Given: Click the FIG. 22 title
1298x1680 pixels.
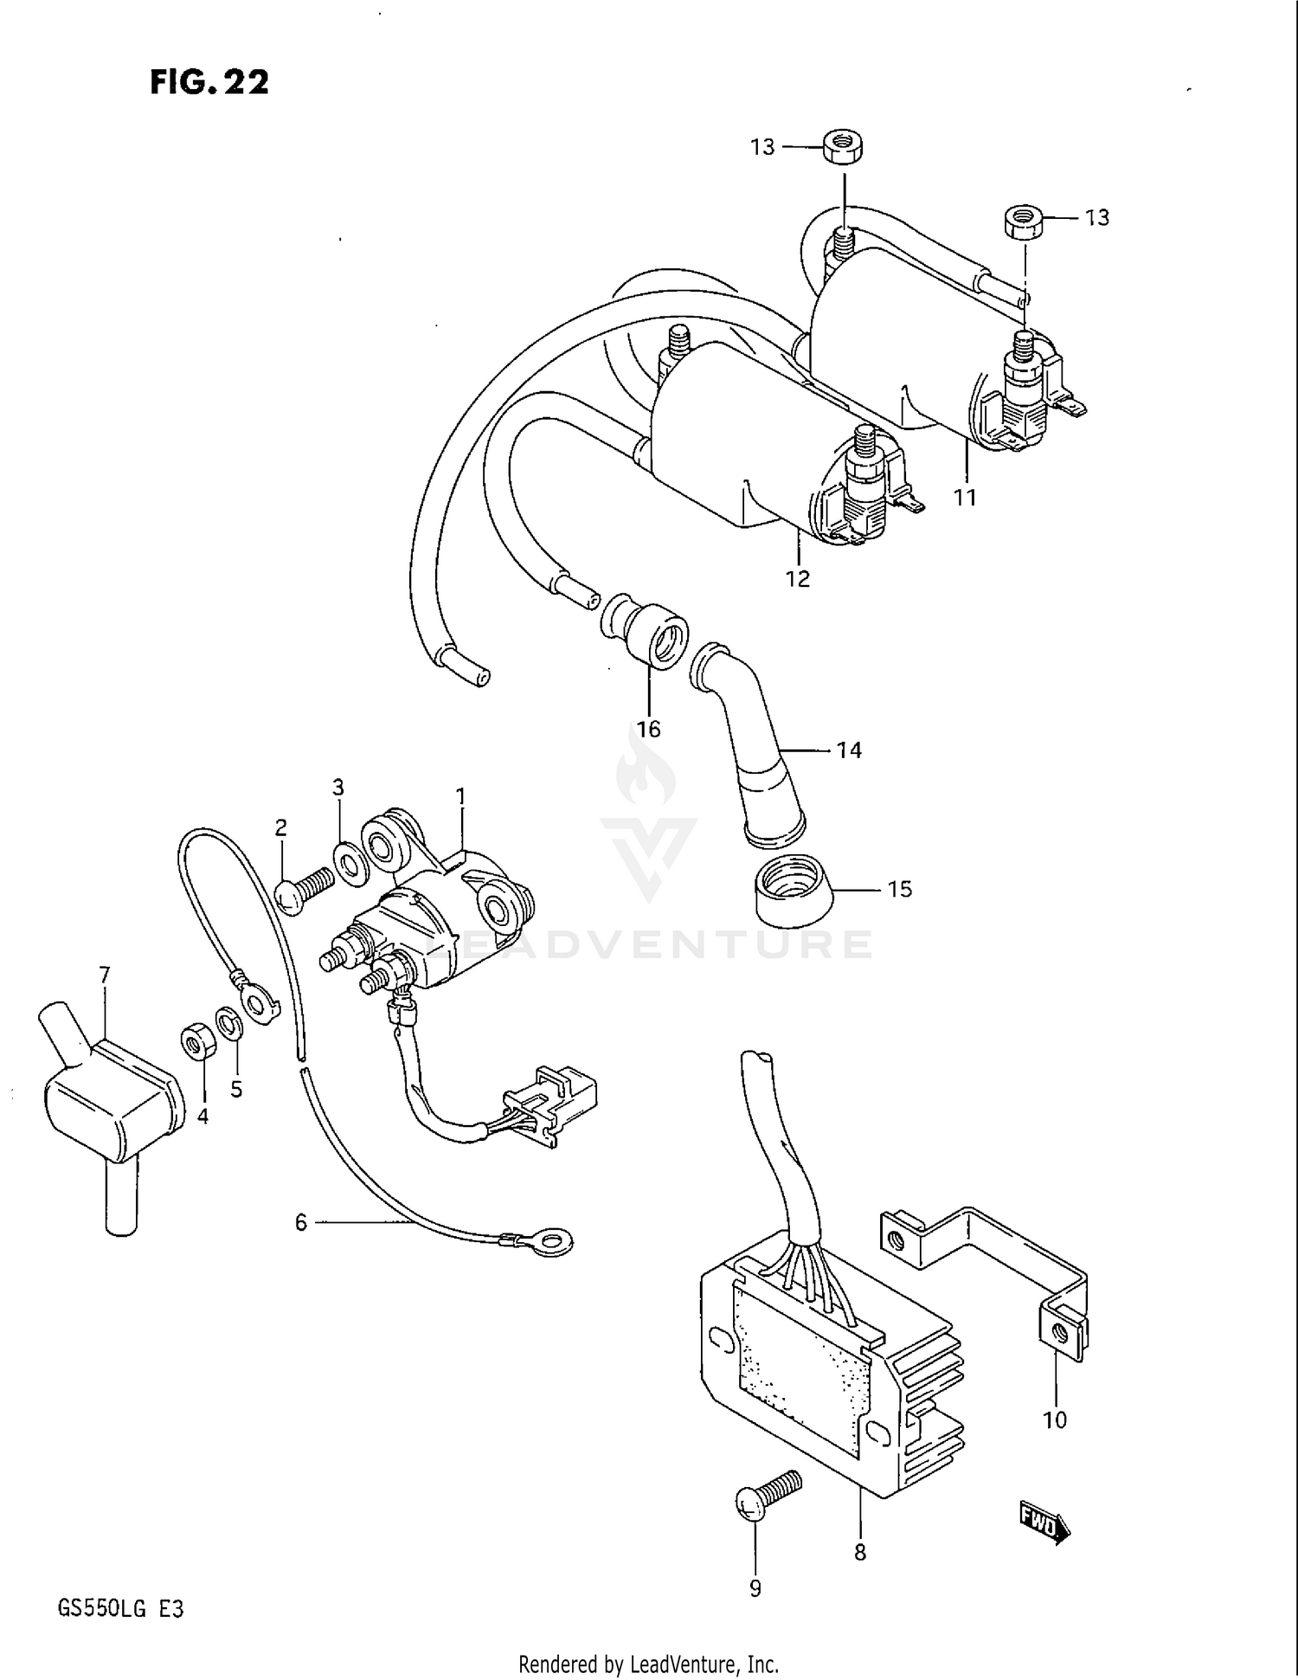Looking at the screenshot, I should click(209, 82).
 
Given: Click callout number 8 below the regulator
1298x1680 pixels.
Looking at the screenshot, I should click(859, 1553).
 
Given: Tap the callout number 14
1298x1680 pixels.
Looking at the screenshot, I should click(849, 750).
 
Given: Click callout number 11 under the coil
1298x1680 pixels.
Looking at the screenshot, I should click(964, 498).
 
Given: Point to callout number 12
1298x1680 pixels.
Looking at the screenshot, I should click(797, 578).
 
